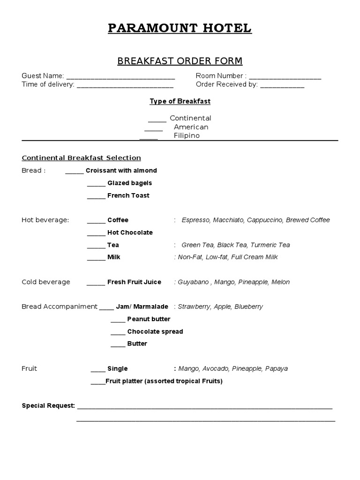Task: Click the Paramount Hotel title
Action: click(x=180, y=29)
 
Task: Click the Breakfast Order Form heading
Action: click(x=180, y=61)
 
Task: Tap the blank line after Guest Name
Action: click(x=120, y=76)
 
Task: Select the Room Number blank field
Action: click(x=285, y=76)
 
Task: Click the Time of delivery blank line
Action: click(x=125, y=85)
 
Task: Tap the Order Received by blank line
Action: click(x=282, y=85)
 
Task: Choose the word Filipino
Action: click(x=187, y=136)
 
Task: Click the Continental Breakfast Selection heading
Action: click(x=81, y=158)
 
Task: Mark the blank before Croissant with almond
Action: click(x=74, y=172)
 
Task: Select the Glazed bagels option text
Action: click(x=129, y=183)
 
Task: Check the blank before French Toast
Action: click(x=96, y=196)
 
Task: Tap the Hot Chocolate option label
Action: click(x=130, y=233)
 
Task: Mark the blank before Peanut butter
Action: click(x=118, y=320)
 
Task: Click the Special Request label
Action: click(x=48, y=405)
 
